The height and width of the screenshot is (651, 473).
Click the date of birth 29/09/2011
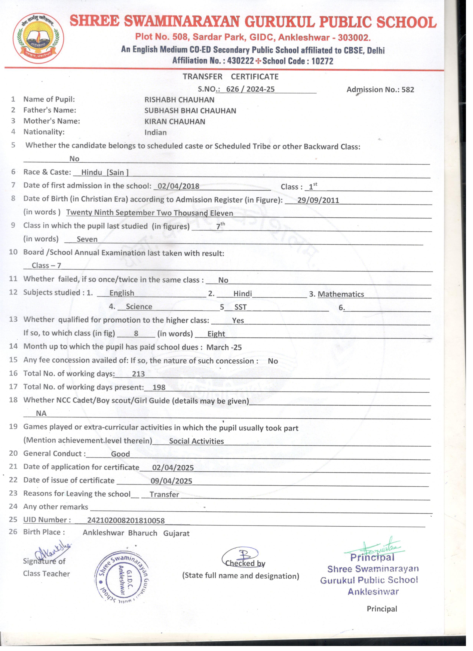tap(318, 200)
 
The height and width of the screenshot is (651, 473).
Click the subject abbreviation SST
tap(240, 307)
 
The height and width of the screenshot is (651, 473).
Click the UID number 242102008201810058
tap(126, 520)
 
